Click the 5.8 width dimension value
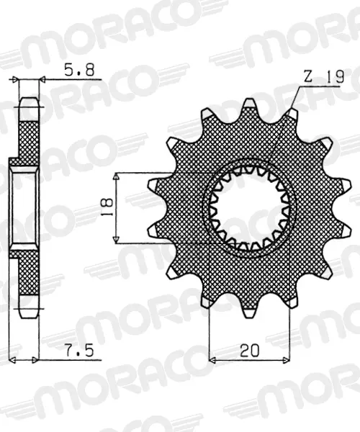coord(79,70)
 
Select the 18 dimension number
coord(107,207)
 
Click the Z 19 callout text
coord(324,77)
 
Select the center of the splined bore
coord(249,209)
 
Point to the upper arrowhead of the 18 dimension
coord(117,177)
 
